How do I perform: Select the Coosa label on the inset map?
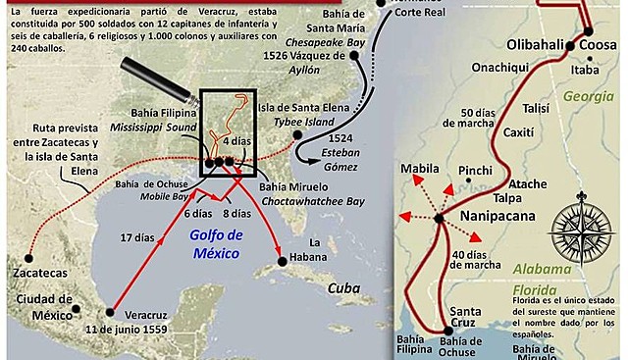click(598, 45)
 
